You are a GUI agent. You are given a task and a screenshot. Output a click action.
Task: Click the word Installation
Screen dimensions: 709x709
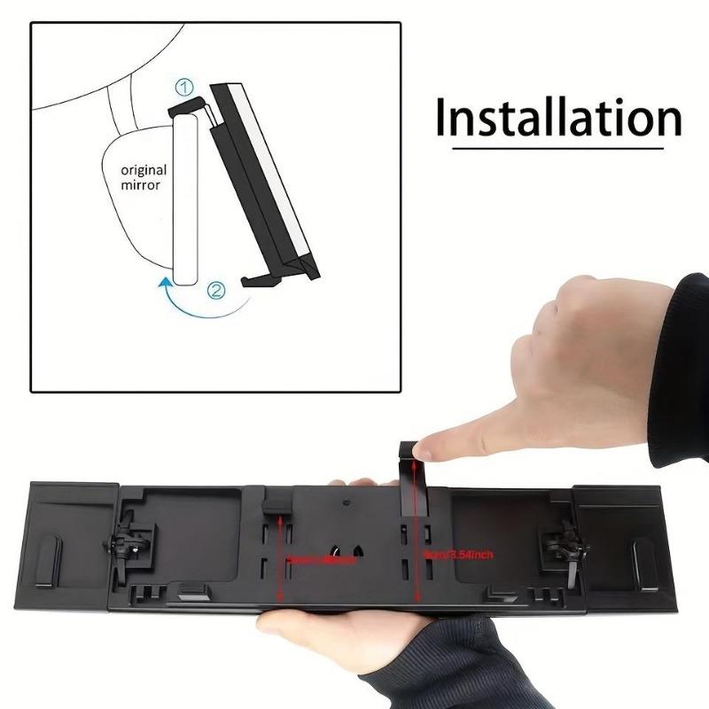tap(558, 118)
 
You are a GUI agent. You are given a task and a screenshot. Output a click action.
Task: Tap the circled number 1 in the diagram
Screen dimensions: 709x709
tap(184, 87)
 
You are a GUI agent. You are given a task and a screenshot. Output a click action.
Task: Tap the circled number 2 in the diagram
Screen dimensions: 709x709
tap(215, 289)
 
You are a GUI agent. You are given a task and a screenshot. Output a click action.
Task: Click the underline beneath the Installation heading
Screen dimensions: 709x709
tap(549, 147)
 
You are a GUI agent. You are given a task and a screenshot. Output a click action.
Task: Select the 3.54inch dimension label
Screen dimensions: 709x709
tap(459, 555)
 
